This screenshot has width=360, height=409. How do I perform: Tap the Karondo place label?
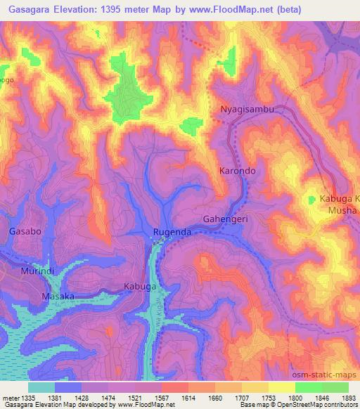[x=236, y=171]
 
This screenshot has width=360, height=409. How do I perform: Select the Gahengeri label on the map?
[x=226, y=219]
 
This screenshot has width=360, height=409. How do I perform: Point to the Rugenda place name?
[x=172, y=232]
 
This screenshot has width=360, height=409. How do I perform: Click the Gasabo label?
[x=25, y=231]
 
